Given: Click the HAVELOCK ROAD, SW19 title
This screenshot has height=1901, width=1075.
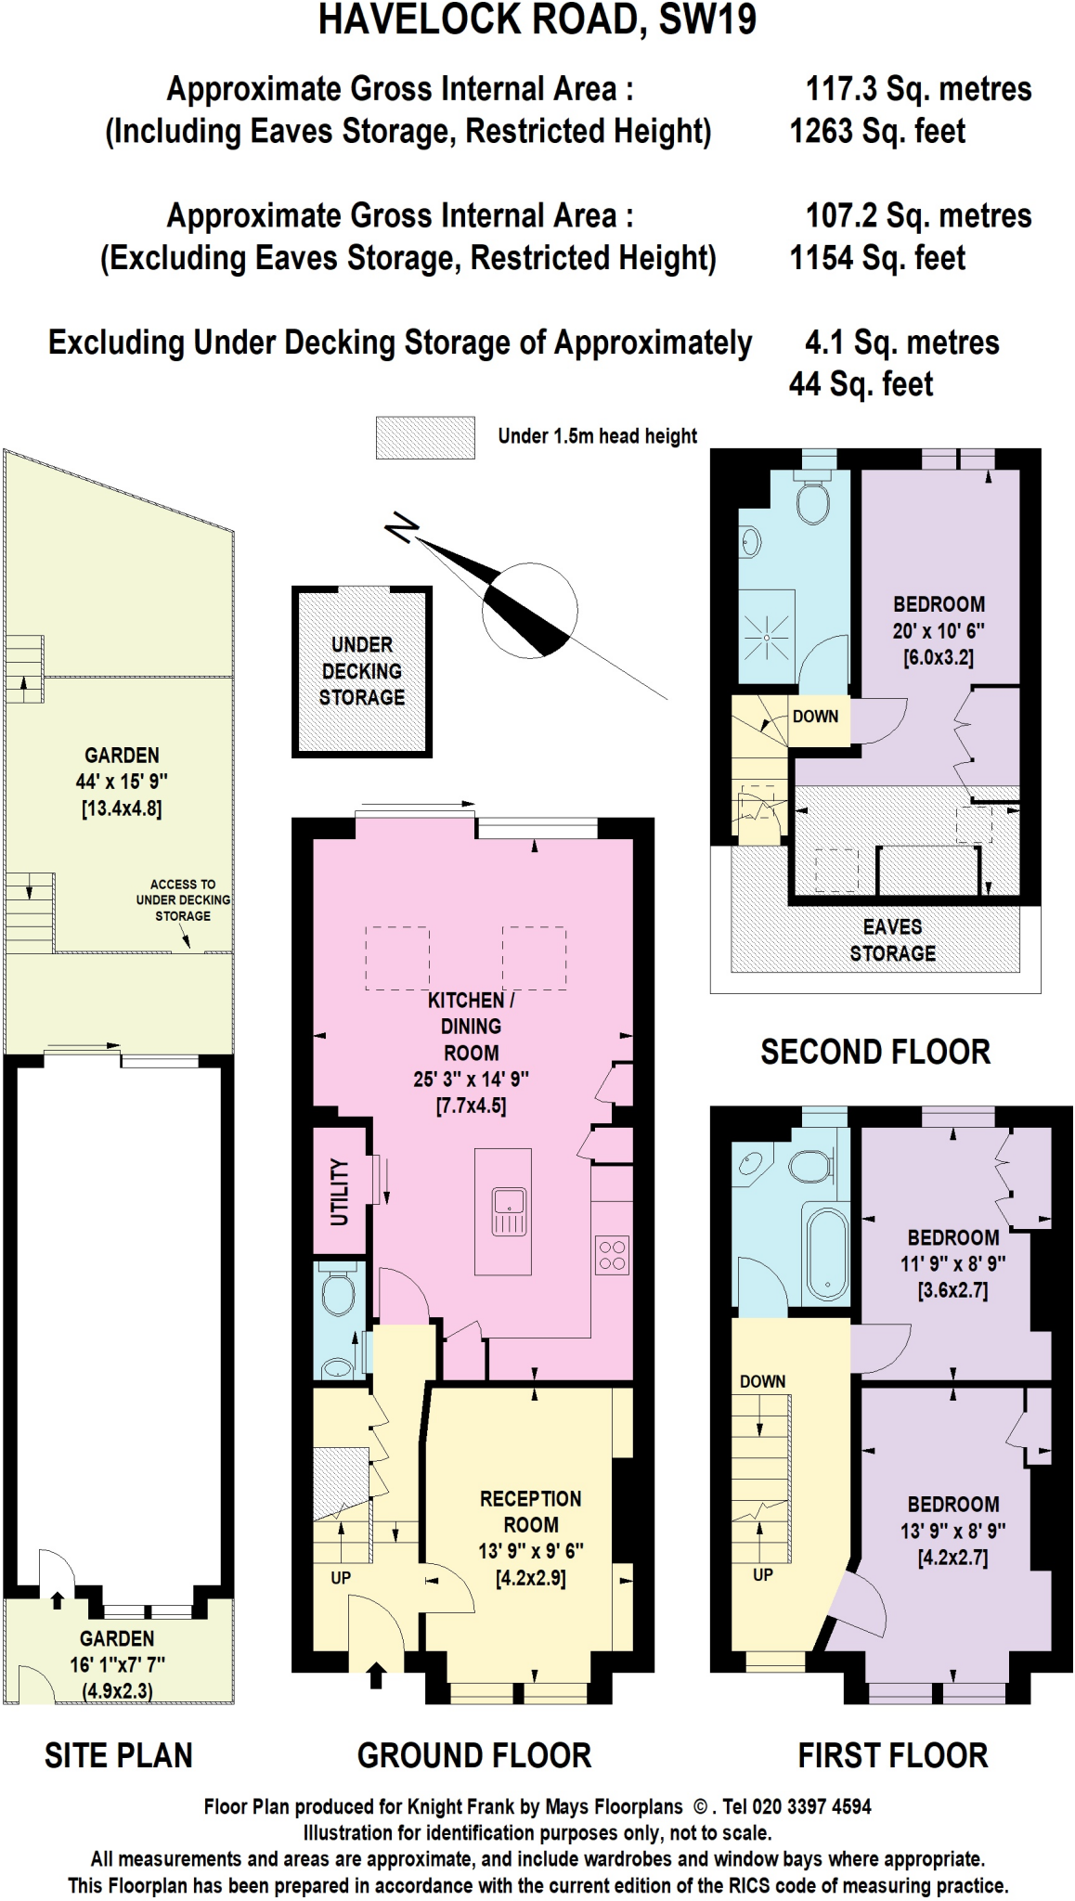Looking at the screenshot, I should (537, 20).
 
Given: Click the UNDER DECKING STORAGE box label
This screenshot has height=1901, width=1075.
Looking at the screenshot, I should (362, 671).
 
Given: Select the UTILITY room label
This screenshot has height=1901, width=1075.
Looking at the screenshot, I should (340, 1192).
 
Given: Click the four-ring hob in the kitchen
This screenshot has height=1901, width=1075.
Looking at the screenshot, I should (612, 1255).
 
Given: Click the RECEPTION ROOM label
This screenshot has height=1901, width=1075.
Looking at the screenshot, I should (530, 1511).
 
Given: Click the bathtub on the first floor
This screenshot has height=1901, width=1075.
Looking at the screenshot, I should (826, 1252).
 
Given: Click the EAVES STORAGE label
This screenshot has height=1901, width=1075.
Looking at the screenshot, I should (892, 939).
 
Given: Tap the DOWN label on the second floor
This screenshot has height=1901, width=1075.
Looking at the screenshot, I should (815, 717).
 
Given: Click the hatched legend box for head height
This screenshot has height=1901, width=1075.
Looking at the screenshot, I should (425, 437).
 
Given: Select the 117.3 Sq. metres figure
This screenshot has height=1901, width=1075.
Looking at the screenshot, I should (917, 89).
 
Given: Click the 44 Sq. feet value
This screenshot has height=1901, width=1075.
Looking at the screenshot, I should (861, 384).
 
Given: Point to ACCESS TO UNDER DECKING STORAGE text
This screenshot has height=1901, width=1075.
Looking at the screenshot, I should (183, 899).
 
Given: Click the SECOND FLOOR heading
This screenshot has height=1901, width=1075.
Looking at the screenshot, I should (874, 1052).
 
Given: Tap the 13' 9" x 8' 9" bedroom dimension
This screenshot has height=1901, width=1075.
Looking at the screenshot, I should (952, 1531).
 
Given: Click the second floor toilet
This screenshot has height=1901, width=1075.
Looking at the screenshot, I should (814, 501).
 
